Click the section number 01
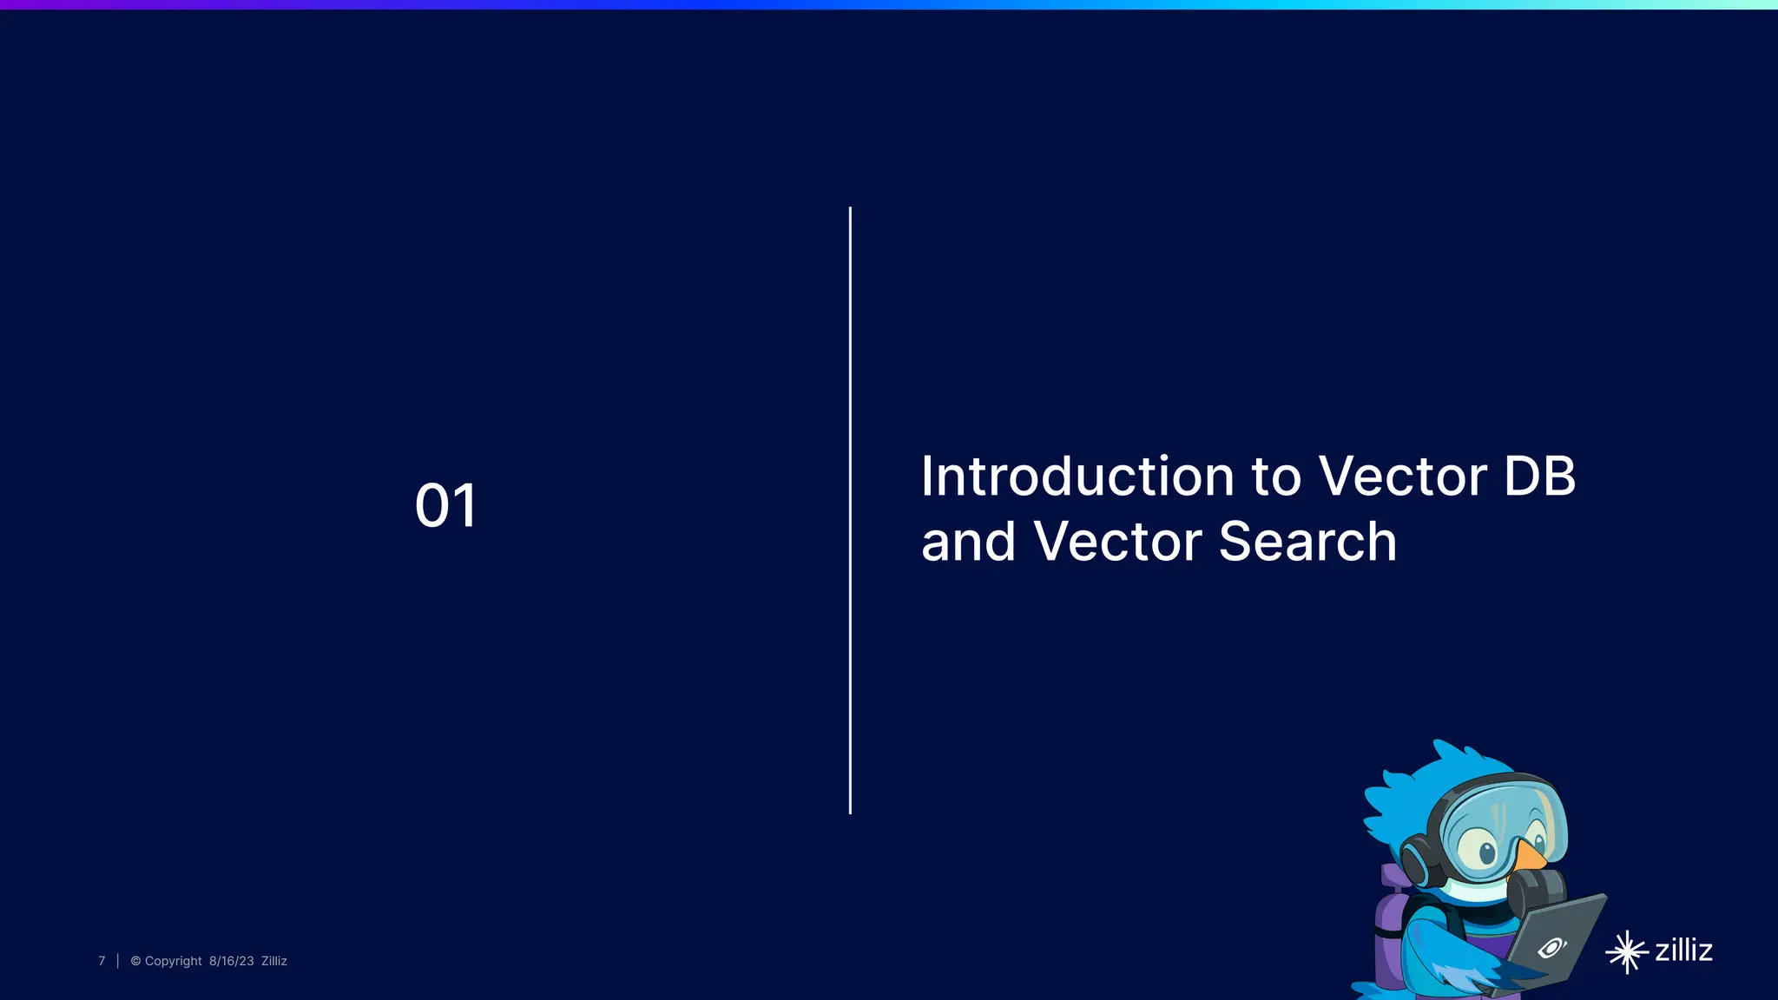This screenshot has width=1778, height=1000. click(445, 505)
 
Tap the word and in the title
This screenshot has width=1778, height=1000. click(967, 543)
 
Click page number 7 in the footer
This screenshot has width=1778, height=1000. click(102, 961)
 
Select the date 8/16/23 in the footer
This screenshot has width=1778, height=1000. click(231, 961)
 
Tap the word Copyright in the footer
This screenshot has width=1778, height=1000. click(173, 961)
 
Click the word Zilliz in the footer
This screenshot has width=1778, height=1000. click(273, 961)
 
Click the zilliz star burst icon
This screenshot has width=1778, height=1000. click(1626, 952)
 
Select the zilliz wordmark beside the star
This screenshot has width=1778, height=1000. click(1683, 950)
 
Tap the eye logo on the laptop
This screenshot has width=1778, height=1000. click(1551, 947)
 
